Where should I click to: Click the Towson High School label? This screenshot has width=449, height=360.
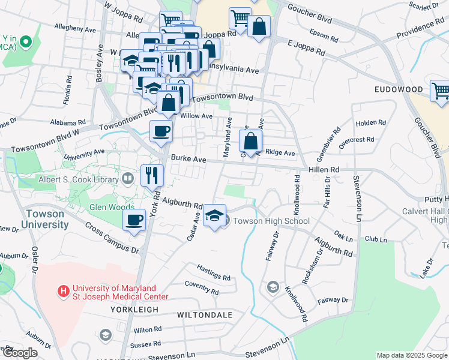coord(271,221)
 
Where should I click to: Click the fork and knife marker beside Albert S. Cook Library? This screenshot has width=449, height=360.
coord(152,175)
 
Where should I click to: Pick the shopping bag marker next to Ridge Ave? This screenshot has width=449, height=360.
coord(251,142)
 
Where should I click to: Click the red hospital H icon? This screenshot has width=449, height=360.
coord(62,291)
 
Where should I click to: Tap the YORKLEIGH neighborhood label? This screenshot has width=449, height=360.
coord(134,309)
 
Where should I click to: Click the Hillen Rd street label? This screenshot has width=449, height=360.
coord(324,170)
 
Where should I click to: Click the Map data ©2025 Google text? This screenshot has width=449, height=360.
coord(411,355)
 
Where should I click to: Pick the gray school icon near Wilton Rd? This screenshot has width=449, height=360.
coord(106,334)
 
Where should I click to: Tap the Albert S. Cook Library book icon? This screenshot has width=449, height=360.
coord(127,178)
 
